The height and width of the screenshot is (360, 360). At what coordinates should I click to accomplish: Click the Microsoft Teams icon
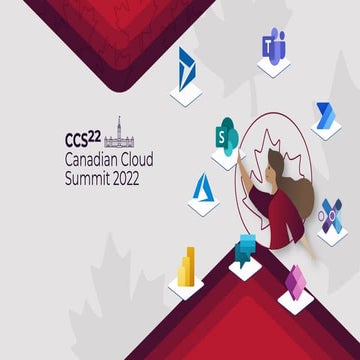tap(272, 45)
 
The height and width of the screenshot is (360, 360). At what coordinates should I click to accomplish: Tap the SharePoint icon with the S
tap(226, 133)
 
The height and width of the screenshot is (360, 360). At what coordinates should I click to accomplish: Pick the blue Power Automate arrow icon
tap(326, 114)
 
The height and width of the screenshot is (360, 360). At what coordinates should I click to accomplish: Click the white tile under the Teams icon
tap(273, 67)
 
